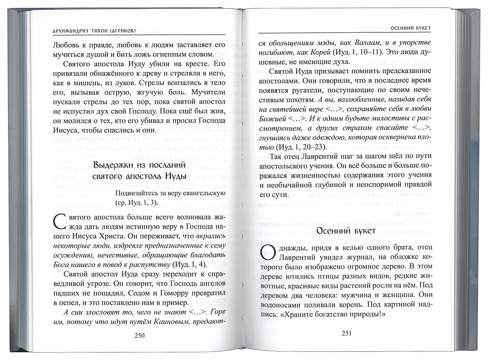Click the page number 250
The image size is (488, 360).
139,335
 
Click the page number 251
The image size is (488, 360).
347,333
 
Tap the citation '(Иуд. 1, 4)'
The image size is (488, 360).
189,264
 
